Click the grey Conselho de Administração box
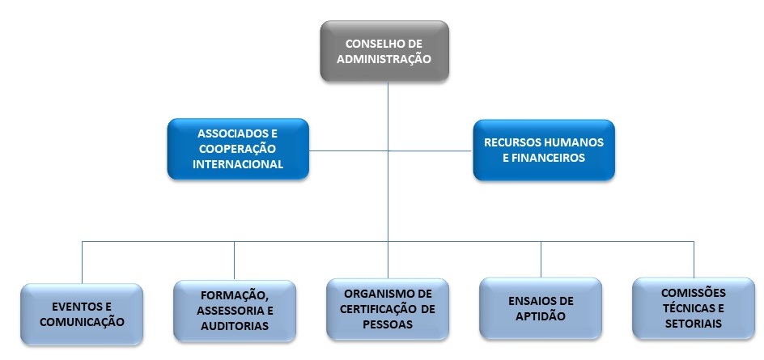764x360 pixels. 384,51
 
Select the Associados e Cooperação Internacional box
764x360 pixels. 238,150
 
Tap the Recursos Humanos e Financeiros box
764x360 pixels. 543,150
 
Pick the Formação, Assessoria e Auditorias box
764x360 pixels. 235,310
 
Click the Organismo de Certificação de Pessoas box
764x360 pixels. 388,308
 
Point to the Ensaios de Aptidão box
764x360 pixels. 541,308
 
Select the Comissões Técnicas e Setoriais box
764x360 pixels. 693,308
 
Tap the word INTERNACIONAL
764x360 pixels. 238,164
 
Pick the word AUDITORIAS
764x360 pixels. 235,326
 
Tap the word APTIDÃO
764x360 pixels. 541,316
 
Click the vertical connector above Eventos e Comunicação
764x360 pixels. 82,262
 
